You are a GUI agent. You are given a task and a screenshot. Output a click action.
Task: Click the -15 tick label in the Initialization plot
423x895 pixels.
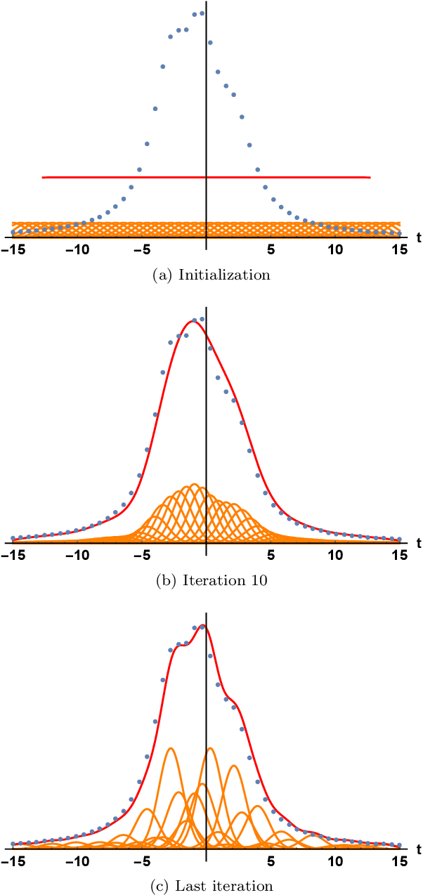[13, 249]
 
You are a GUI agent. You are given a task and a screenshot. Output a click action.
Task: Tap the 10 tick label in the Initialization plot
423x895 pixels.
[335, 249]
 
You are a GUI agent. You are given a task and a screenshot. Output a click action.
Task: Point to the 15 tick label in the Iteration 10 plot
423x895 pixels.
[399, 554]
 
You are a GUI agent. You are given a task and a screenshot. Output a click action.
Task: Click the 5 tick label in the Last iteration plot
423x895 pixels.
[271, 858]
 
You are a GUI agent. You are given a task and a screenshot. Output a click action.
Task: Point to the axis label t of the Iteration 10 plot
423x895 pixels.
[418, 542]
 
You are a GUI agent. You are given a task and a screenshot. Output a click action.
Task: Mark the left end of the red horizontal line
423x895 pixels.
[43, 178]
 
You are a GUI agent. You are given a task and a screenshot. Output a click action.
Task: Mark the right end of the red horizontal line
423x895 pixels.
[370, 178]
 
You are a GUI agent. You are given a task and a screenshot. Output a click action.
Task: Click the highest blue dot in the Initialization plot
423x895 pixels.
[202, 13]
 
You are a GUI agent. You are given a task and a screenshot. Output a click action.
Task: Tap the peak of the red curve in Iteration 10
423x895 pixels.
[193, 322]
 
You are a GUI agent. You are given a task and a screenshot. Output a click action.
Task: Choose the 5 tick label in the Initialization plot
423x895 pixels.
[271, 249]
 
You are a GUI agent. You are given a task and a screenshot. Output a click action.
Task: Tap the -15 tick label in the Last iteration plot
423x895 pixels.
[13, 858]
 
